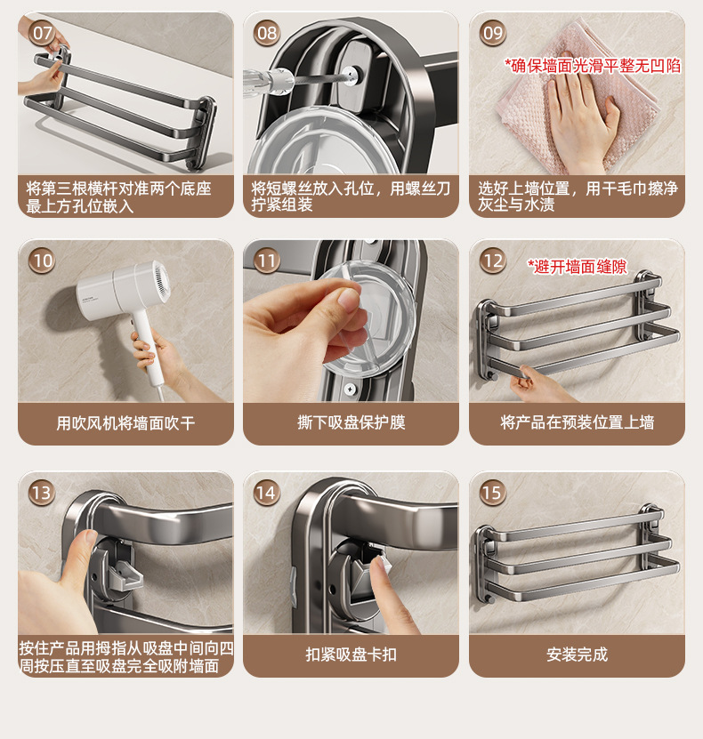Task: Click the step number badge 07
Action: (x=42, y=33)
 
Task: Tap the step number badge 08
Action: (x=267, y=33)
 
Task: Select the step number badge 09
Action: (x=493, y=33)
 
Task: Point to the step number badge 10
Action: (x=42, y=261)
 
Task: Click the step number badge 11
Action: (x=267, y=261)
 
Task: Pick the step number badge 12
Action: (x=493, y=261)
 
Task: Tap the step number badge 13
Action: (x=42, y=493)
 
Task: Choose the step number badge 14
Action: (x=267, y=493)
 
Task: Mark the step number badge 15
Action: (x=493, y=493)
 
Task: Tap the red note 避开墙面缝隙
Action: (x=578, y=267)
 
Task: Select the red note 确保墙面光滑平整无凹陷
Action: (x=594, y=66)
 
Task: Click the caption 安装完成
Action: (x=578, y=655)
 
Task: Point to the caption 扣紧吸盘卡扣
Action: (x=351, y=655)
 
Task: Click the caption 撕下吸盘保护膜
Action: (x=351, y=422)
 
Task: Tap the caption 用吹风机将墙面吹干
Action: (x=125, y=422)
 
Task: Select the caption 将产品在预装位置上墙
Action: (x=578, y=422)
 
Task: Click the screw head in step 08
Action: (x=351, y=74)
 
